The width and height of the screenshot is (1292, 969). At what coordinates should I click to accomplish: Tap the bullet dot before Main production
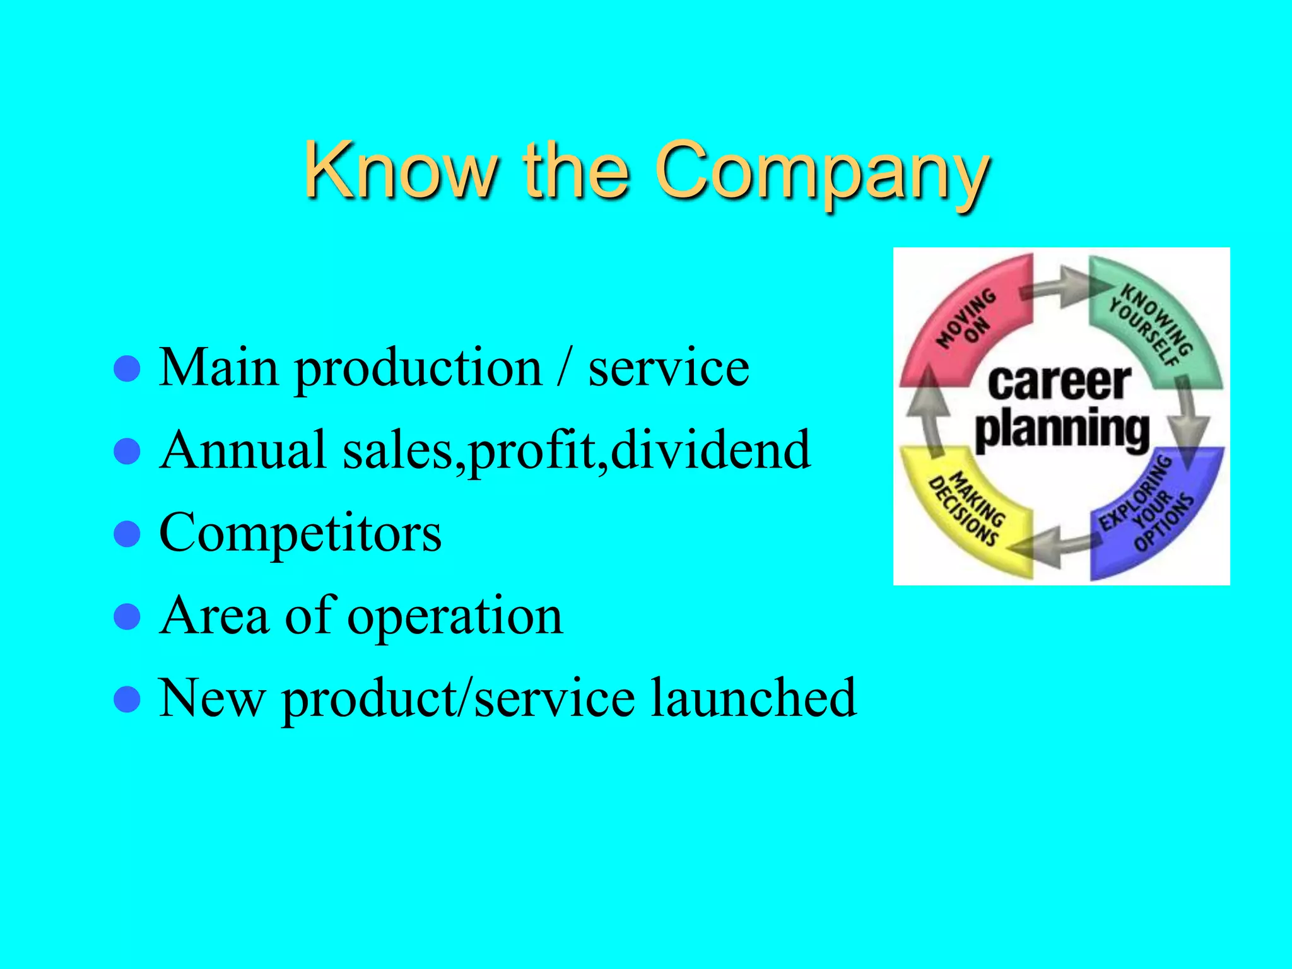click(x=127, y=369)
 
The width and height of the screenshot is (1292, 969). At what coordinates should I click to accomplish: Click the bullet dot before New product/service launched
click(x=127, y=699)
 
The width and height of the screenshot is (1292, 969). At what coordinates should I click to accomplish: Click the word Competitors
click(x=300, y=534)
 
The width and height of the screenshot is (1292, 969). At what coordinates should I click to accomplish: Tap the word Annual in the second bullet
click(x=243, y=450)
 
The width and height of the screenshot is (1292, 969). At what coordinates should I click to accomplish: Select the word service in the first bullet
click(x=669, y=369)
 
